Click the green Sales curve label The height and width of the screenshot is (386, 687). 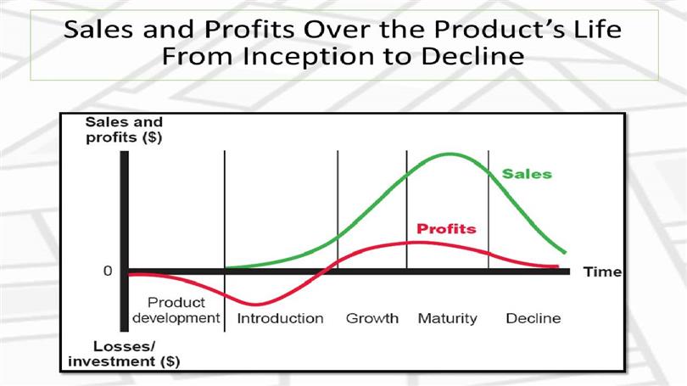point(527,174)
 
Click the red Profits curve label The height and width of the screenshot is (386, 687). point(446,229)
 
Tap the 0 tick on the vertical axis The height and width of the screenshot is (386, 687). point(108,271)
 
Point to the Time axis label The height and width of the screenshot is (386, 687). point(602,272)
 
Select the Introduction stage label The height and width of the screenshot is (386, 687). point(281,318)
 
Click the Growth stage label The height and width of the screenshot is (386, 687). point(372,318)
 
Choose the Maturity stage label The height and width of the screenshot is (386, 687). point(447,318)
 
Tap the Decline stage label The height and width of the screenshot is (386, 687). point(533,318)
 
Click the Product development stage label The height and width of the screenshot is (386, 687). point(176,310)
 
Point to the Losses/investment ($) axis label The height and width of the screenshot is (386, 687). point(124,354)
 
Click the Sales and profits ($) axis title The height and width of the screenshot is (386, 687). point(124,130)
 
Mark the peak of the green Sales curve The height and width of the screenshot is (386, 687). point(450,154)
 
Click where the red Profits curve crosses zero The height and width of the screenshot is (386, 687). point(325,271)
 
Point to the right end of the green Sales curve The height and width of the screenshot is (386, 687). point(565,252)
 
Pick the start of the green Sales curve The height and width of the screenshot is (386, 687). point(226,267)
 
